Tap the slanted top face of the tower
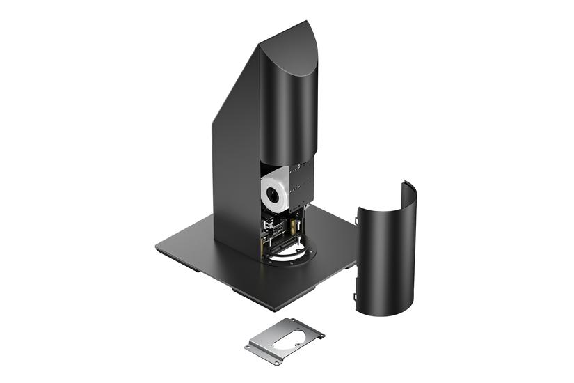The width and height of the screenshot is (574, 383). click(x=287, y=49)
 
